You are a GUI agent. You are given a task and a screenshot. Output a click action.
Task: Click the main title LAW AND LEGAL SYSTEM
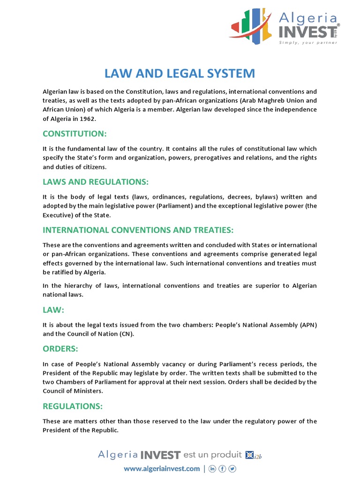pos(180,74)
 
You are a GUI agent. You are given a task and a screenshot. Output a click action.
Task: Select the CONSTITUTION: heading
pos(75,134)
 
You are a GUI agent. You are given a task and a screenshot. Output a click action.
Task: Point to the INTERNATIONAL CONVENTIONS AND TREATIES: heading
pos(138,230)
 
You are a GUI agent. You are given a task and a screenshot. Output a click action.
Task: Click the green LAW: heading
pos(53,310)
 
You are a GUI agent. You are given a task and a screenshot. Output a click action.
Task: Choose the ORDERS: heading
pos(60,349)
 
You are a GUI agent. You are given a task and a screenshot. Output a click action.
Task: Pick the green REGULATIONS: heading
pos(73,406)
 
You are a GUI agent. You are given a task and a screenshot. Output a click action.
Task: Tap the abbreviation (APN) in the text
pos(307,325)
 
